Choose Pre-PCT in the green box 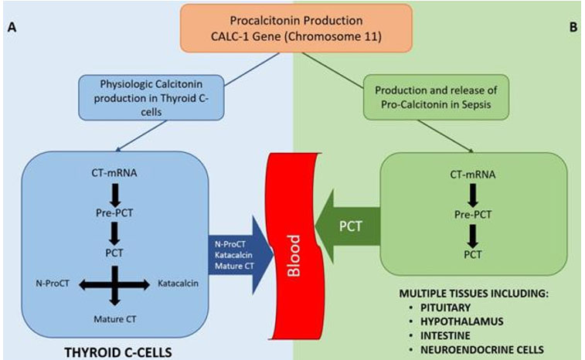(x=464, y=215)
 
